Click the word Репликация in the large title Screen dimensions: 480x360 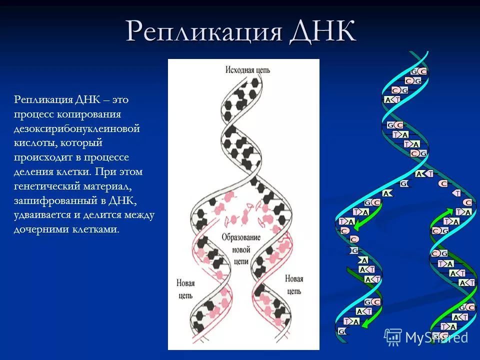tap(203, 31)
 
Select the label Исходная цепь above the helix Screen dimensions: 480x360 tap(248, 70)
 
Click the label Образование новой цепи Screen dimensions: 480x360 tap(241, 249)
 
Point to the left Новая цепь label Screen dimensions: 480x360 tap(185, 289)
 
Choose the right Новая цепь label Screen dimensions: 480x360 tap(294, 284)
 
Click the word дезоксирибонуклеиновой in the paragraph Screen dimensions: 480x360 tap(77, 128)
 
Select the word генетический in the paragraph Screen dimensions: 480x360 tap(46, 186)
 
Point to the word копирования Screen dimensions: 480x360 tap(89, 114)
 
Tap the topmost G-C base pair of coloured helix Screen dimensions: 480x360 tap(418, 71)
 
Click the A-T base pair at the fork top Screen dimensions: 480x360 tap(424, 174)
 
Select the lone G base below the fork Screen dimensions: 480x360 tap(404, 183)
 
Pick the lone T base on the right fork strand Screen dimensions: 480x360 tap(456, 193)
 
